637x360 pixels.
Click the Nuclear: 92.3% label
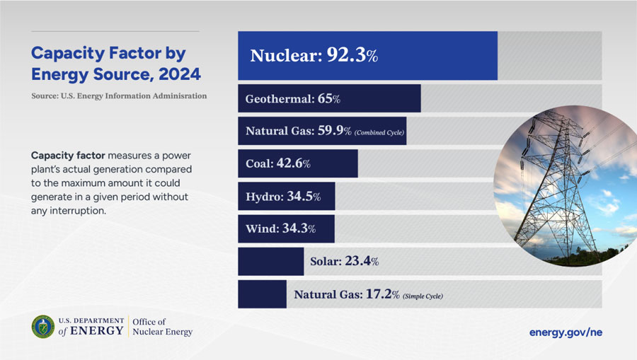(314, 56)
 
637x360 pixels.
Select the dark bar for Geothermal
(329, 99)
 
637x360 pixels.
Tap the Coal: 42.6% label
(277, 163)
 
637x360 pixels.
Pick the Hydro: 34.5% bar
(286, 196)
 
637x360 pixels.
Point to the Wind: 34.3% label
(280, 228)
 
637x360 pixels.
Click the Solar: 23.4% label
(344, 262)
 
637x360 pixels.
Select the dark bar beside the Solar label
(270, 262)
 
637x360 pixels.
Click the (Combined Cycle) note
(379, 132)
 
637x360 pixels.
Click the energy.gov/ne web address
(566, 332)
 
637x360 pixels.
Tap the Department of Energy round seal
(43, 326)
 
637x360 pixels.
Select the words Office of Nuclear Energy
(162, 327)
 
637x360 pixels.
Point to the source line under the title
(119, 95)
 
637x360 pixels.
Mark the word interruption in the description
(76, 211)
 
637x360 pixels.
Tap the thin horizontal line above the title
(115, 31)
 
